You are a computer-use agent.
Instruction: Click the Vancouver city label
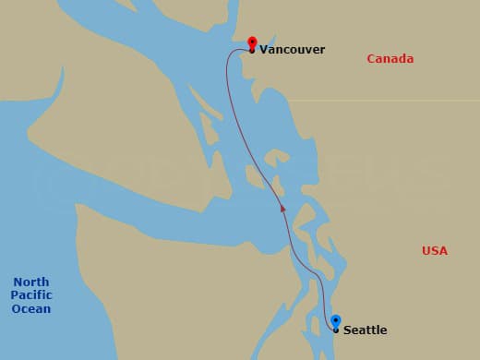click(x=292, y=50)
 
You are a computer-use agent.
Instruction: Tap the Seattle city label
click(x=365, y=330)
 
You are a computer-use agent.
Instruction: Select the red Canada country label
click(x=390, y=59)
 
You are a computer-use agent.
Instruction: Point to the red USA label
click(x=434, y=251)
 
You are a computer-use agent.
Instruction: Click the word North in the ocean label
click(x=31, y=282)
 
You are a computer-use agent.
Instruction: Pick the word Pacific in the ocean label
click(x=31, y=295)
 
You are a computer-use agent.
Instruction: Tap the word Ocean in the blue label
click(x=31, y=309)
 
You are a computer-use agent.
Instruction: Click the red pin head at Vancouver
click(x=252, y=42)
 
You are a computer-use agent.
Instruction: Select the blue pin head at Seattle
click(x=335, y=320)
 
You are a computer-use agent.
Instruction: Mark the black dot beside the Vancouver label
click(x=252, y=51)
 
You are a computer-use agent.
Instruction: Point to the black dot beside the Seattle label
click(x=335, y=330)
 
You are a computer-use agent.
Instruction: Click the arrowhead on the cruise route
click(x=283, y=209)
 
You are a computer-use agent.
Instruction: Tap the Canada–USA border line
click(x=388, y=101)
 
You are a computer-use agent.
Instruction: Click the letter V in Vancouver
click(x=264, y=50)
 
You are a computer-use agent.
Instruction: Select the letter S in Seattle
click(x=347, y=330)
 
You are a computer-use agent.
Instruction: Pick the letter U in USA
click(x=426, y=251)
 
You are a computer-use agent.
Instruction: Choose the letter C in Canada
click(x=371, y=59)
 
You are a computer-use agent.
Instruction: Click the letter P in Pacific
click(x=15, y=295)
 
